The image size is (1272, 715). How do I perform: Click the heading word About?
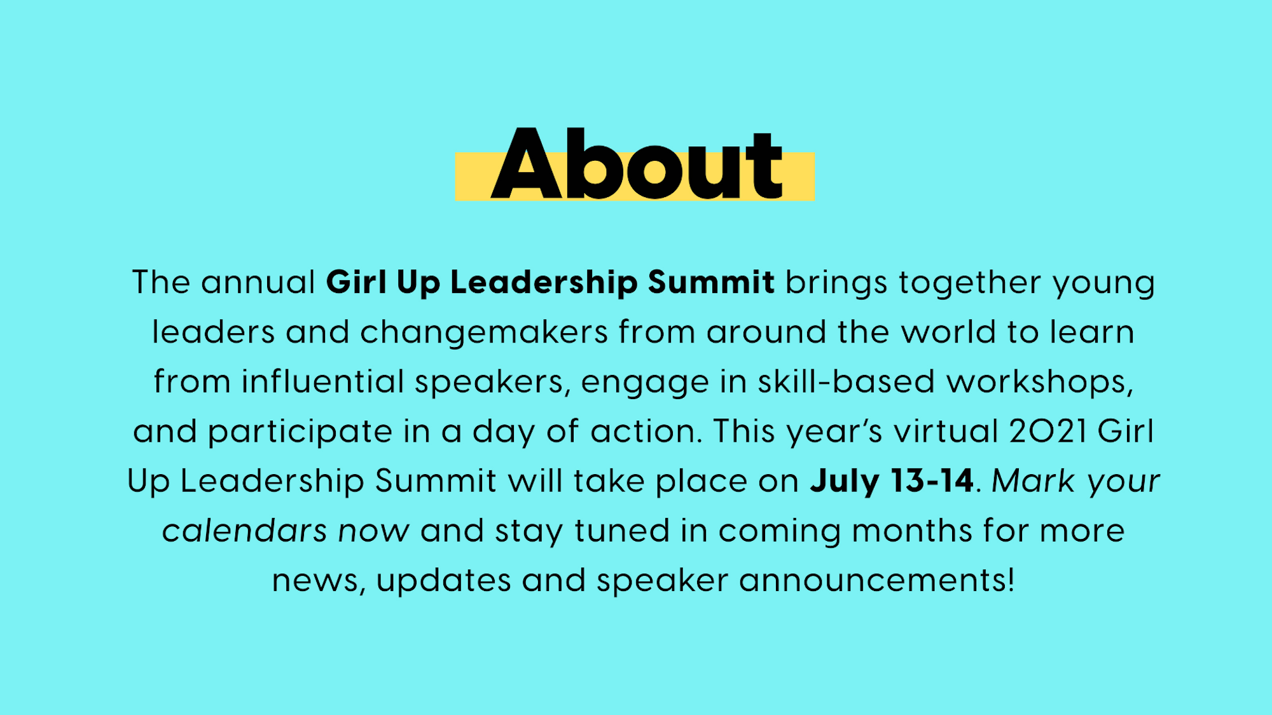(637, 163)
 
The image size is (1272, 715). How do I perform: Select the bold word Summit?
(711, 282)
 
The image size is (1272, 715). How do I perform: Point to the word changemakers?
(484, 332)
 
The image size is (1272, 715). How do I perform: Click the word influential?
(323, 381)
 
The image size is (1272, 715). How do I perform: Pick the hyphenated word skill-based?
(847, 381)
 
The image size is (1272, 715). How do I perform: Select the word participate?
(300, 432)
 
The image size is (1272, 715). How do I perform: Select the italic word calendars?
(245, 530)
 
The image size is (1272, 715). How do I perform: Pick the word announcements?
(876, 580)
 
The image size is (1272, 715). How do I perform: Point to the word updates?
(443, 581)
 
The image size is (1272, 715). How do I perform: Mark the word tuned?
(622, 530)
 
